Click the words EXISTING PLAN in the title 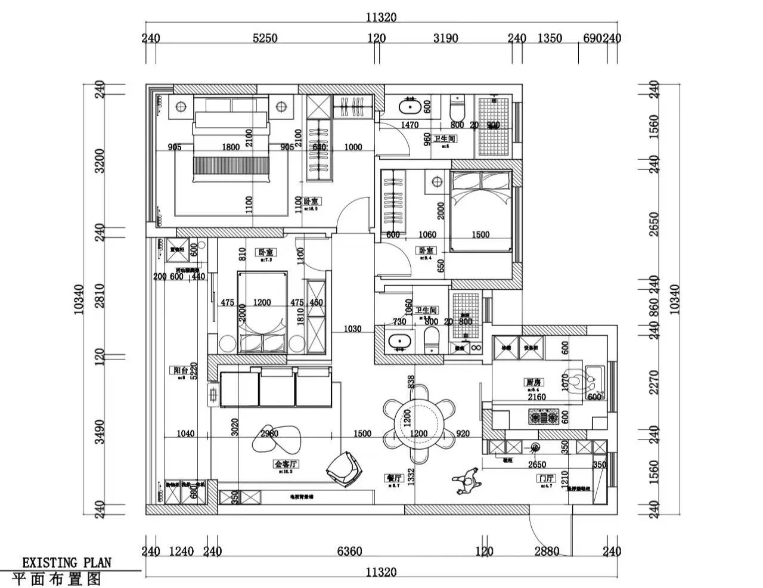67,562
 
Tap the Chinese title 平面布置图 57,578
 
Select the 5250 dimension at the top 265,38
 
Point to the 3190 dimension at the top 445,38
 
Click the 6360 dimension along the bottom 349,552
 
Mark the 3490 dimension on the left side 100,432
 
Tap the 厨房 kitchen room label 533,382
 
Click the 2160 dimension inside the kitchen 536,397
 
